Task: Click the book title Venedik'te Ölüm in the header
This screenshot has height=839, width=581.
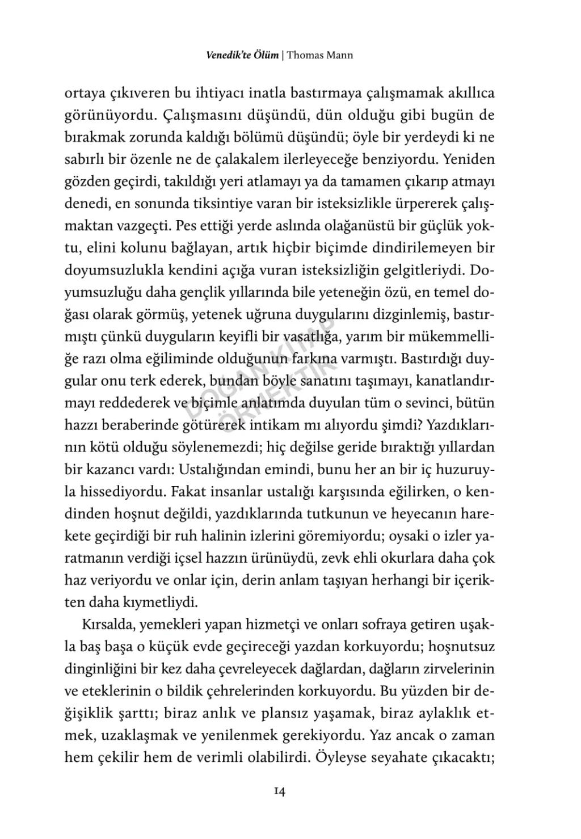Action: pos(242,55)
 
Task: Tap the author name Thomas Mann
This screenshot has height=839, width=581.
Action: pos(320,55)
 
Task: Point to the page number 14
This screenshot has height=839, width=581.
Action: pos(279,791)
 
